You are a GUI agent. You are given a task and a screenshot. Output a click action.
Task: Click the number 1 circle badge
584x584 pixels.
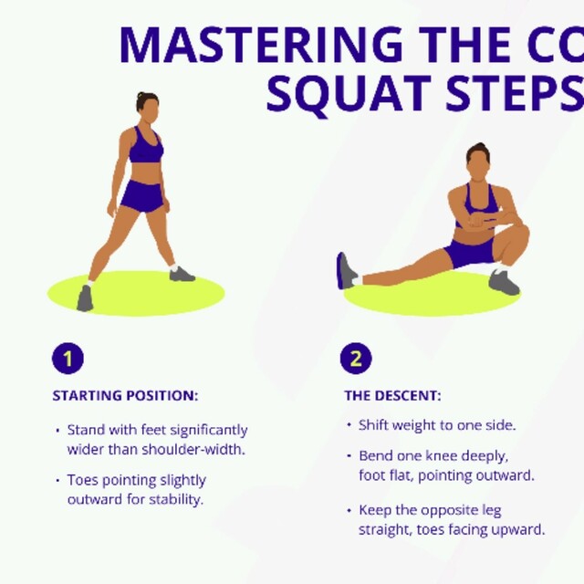click(68, 358)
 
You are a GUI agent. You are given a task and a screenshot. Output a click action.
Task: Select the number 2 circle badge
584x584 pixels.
click(356, 358)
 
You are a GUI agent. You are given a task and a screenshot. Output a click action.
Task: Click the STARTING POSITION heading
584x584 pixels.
click(125, 396)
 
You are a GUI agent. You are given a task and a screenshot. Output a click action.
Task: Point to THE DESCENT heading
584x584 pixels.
click(392, 396)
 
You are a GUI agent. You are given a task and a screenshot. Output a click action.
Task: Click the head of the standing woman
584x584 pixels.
click(146, 104)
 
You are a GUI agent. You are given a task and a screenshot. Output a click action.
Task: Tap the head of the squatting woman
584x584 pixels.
click(477, 162)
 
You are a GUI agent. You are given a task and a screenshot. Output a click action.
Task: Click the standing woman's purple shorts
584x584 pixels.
click(141, 196)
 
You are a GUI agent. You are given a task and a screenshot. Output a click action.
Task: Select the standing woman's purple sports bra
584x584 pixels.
click(145, 148)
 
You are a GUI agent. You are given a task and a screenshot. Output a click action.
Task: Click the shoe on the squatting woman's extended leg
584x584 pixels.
click(346, 271)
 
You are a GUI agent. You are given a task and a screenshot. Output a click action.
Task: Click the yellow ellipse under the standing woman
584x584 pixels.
click(137, 294)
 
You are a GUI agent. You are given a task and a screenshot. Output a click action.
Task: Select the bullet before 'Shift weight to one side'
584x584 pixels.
click(349, 425)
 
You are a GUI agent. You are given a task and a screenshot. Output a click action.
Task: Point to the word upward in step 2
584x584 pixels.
click(520, 529)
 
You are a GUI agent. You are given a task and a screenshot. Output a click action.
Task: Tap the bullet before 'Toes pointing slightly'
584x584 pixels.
click(57, 480)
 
